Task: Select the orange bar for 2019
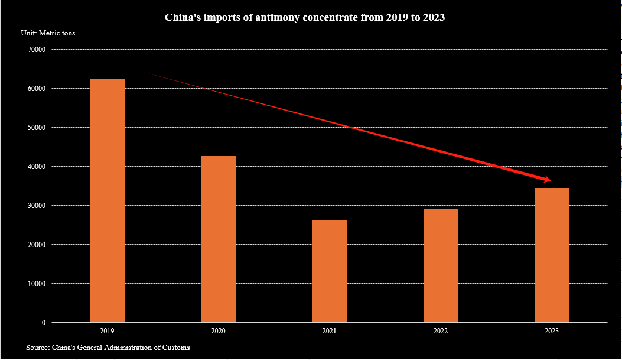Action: click(x=107, y=200)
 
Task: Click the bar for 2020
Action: click(x=218, y=239)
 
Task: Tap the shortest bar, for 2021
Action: click(x=329, y=271)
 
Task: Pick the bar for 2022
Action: click(x=441, y=265)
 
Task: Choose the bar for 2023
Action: click(x=552, y=255)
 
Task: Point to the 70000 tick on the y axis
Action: click(x=37, y=50)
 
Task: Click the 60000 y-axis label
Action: click(x=37, y=89)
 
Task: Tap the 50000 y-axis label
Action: click(x=37, y=128)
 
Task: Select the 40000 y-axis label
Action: click(x=37, y=167)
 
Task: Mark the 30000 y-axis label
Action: click(x=37, y=206)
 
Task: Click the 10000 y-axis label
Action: click(x=37, y=284)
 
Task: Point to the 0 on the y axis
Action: click(x=44, y=323)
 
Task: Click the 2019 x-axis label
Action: click(x=108, y=331)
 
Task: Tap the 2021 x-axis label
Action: click(x=330, y=331)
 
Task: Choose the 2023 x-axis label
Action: click(x=552, y=331)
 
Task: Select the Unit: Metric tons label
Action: click(x=48, y=33)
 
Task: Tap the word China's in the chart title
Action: click(x=181, y=18)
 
